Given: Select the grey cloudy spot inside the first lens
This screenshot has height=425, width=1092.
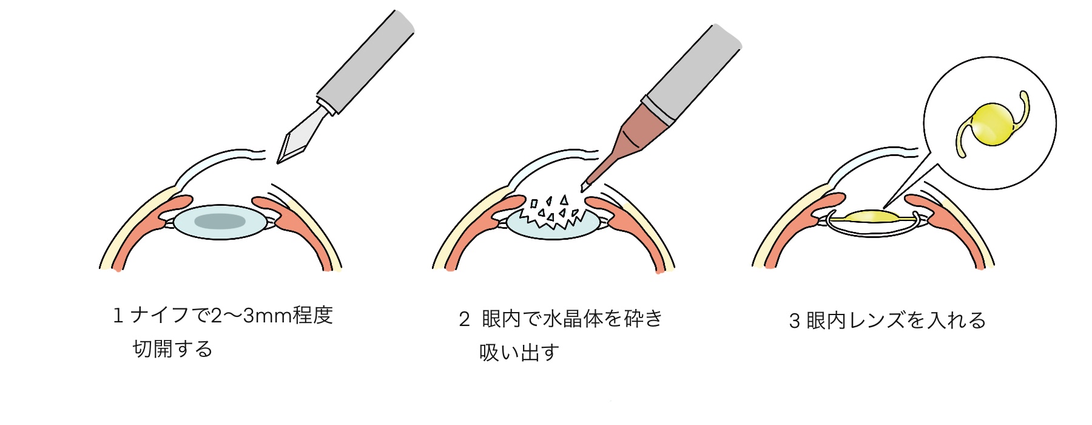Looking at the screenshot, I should (220, 221).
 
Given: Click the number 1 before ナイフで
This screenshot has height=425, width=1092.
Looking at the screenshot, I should (118, 316).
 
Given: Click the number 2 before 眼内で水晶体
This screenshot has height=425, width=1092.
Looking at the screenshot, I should (464, 319).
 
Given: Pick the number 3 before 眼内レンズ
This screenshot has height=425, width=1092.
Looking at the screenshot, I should (794, 321).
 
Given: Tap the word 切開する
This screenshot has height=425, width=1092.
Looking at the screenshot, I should (172, 349).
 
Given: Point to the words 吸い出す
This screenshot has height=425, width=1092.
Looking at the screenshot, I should (519, 353).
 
